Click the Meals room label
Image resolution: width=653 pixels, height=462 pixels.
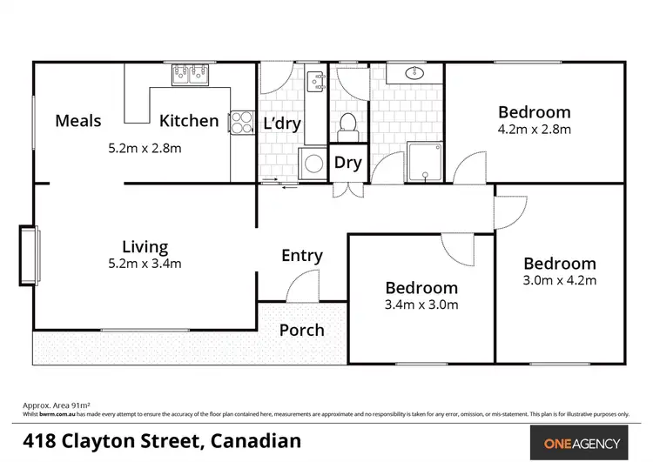[77, 121]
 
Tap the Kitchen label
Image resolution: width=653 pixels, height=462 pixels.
[189, 121]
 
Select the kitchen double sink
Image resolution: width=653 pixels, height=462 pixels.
[190, 76]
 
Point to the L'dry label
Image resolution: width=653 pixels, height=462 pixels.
[281, 124]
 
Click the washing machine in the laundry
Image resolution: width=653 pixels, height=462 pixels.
[310, 163]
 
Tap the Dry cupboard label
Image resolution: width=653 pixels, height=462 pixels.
[347, 163]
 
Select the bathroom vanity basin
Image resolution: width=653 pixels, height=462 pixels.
[413, 74]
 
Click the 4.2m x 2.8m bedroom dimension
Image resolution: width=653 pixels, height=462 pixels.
[534, 130]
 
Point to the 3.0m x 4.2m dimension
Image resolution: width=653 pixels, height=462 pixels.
[559, 281]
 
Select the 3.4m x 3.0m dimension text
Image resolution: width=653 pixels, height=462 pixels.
[421, 305]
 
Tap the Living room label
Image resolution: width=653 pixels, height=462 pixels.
[145, 247]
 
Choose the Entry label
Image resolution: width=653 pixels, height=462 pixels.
[302, 256]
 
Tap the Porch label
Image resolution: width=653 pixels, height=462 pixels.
[301, 330]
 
